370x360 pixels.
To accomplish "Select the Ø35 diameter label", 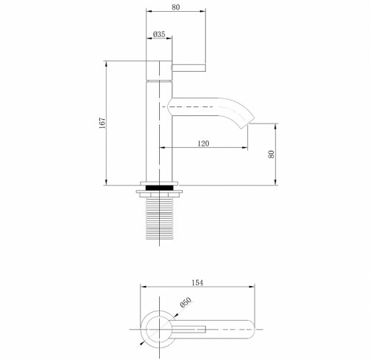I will point(158,34).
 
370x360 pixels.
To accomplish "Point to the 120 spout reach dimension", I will point(203,145).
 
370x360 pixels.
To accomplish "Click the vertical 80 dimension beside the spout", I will point(272,154).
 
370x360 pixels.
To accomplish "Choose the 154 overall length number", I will point(198,282).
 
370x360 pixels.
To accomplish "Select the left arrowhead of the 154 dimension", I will point(144,287).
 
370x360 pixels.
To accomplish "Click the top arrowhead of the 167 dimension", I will point(108,63).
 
